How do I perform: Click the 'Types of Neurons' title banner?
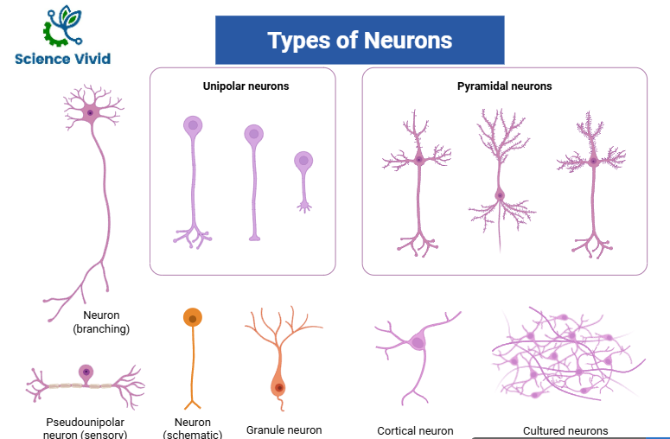(359, 40)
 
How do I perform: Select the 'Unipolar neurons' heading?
(246, 86)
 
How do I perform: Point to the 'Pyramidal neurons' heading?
(504, 86)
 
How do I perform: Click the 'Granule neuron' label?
(284, 429)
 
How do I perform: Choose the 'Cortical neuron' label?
(415, 430)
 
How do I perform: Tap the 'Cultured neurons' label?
(565, 430)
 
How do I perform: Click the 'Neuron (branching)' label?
(101, 321)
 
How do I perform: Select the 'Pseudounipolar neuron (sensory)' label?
(85, 427)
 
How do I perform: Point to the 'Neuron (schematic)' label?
(192, 428)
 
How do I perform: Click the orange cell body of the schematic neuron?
(193, 317)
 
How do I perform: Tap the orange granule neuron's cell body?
(278, 387)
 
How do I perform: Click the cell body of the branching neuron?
(90, 112)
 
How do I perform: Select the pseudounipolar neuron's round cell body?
(86, 372)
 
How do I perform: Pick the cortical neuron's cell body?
(418, 342)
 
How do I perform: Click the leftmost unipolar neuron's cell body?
(193, 126)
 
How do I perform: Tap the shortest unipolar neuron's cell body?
(303, 161)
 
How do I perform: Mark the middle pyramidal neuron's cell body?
(500, 194)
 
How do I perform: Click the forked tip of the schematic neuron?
(193, 403)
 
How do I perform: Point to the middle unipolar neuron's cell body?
(253, 134)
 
